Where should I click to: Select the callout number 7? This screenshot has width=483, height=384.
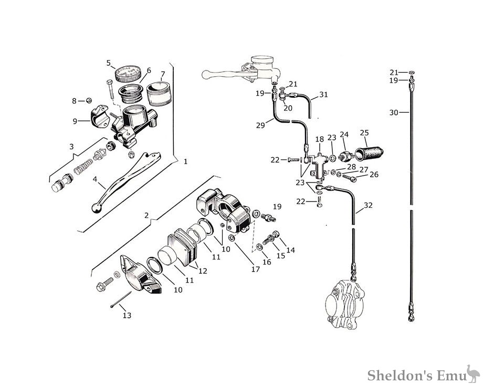click(x=163, y=74)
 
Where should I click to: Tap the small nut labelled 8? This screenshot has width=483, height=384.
click(x=89, y=100)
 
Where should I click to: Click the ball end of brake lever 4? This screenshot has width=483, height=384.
click(x=97, y=208)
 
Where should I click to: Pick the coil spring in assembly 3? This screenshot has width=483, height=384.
click(x=83, y=166)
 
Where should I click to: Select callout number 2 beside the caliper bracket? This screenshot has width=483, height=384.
click(x=146, y=215)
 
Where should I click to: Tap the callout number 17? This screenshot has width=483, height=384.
click(x=255, y=269)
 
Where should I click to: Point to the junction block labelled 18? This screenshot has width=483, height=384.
click(x=318, y=166)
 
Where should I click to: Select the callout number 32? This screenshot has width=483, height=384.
click(x=368, y=205)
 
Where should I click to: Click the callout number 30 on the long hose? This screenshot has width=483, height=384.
click(x=394, y=113)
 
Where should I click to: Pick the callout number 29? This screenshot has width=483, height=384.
click(x=260, y=125)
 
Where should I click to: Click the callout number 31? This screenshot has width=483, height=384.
click(x=323, y=95)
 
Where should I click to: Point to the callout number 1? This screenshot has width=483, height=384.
click(x=185, y=161)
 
